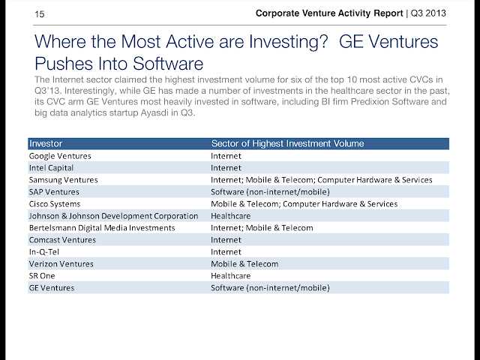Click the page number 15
[40, 14]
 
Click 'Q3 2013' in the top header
[428, 13]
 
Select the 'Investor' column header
[46, 143]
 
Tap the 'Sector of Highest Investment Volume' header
[288, 143]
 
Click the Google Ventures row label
[60, 156]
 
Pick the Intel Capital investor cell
[51, 168]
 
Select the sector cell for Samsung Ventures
[322, 180]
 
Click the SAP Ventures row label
[54, 192]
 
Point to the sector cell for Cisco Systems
[304, 204]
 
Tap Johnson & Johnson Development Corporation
[113, 216]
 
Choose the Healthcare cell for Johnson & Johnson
[230, 216]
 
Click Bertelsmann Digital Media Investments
[102, 228]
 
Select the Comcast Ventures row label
[62, 240]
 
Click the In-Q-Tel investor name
[44, 252]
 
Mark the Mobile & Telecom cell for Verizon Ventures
[244, 264]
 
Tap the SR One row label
[42, 276]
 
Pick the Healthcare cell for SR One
[230, 276]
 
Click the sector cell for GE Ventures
[270, 288]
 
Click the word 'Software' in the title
[168, 64]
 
